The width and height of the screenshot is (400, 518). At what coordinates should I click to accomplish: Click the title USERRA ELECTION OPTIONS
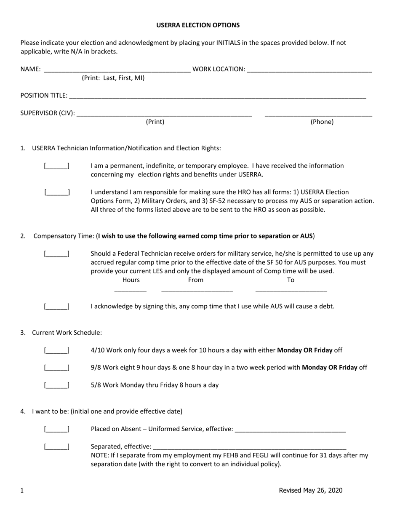pos(198,25)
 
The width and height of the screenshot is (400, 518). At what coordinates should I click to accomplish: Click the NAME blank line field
pos(117,70)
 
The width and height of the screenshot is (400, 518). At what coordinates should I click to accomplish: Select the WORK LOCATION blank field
pos(309,70)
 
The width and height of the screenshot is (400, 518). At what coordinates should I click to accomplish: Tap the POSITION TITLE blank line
pos(217,96)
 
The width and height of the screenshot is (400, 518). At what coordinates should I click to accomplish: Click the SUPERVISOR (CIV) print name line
pos(165,114)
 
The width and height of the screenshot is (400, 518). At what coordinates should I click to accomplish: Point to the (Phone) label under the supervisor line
pos(322,122)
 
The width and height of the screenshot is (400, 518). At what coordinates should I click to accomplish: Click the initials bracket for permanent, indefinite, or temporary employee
pos(57,166)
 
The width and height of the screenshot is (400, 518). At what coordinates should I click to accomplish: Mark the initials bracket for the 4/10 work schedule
pos(57,350)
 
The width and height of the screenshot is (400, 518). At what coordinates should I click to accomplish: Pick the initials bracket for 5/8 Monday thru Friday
pos(57,385)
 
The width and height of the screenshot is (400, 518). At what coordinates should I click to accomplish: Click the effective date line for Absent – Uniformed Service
pos(290,430)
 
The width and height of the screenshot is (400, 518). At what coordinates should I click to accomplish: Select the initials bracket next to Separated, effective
pos(57,447)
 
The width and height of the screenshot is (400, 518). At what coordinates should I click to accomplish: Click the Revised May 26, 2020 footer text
pos(310,490)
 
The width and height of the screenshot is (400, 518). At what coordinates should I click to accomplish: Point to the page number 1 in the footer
pos(22,491)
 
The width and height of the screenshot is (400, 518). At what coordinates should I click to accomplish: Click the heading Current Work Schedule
pos(67,333)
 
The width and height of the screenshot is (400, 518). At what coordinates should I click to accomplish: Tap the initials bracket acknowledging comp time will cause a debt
pos(57,307)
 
